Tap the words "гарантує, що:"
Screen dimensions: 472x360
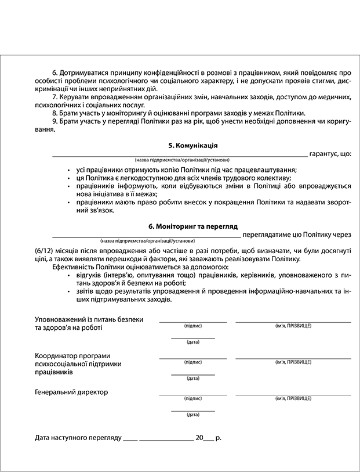click(x=330, y=154)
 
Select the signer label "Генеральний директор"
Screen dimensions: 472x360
click(x=71, y=392)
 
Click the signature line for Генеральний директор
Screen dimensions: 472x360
click(x=193, y=395)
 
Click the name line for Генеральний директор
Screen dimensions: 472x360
click(x=293, y=395)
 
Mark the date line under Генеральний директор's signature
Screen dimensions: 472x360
click(x=193, y=410)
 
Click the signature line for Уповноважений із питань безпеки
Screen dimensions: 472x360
click(x=193, y=321)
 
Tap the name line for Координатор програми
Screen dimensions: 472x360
click(x=293, y=358)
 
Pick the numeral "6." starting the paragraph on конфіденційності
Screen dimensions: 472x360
click(x=56, y=72)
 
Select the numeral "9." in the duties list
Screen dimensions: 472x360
click(x=56, y=121)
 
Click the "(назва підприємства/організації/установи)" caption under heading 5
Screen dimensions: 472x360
click(x=181, y=160)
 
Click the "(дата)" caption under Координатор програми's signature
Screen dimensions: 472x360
click(x=193, y=379)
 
